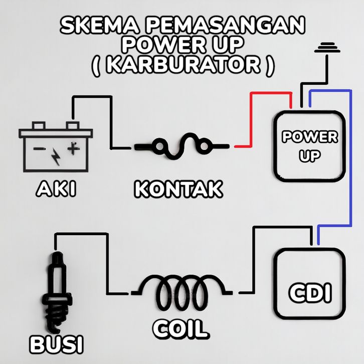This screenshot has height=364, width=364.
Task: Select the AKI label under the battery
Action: pyautogui.click(x=56, y=189)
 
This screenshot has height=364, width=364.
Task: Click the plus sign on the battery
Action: pyautogui.click(x=73, y=148)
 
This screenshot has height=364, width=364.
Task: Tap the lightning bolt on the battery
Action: pyautogui.click(x=56, y=157)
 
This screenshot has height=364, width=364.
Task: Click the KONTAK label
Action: pyautogui.click(x=178, y=189)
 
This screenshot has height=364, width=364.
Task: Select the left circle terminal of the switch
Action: pyautogui.click(x=160, y=146)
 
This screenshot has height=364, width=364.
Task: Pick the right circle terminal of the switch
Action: pyautogui.click(x=205, y=146)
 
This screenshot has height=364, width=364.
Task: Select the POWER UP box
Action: pyautogui.click(x=310, y=146)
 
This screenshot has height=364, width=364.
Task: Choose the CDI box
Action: pyautogui.click(x=310, y=284)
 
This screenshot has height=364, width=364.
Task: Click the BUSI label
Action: pyautogui.click(x=57, y=344)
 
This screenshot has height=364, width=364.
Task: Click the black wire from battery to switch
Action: pyautogui.click(x=111, y=121)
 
